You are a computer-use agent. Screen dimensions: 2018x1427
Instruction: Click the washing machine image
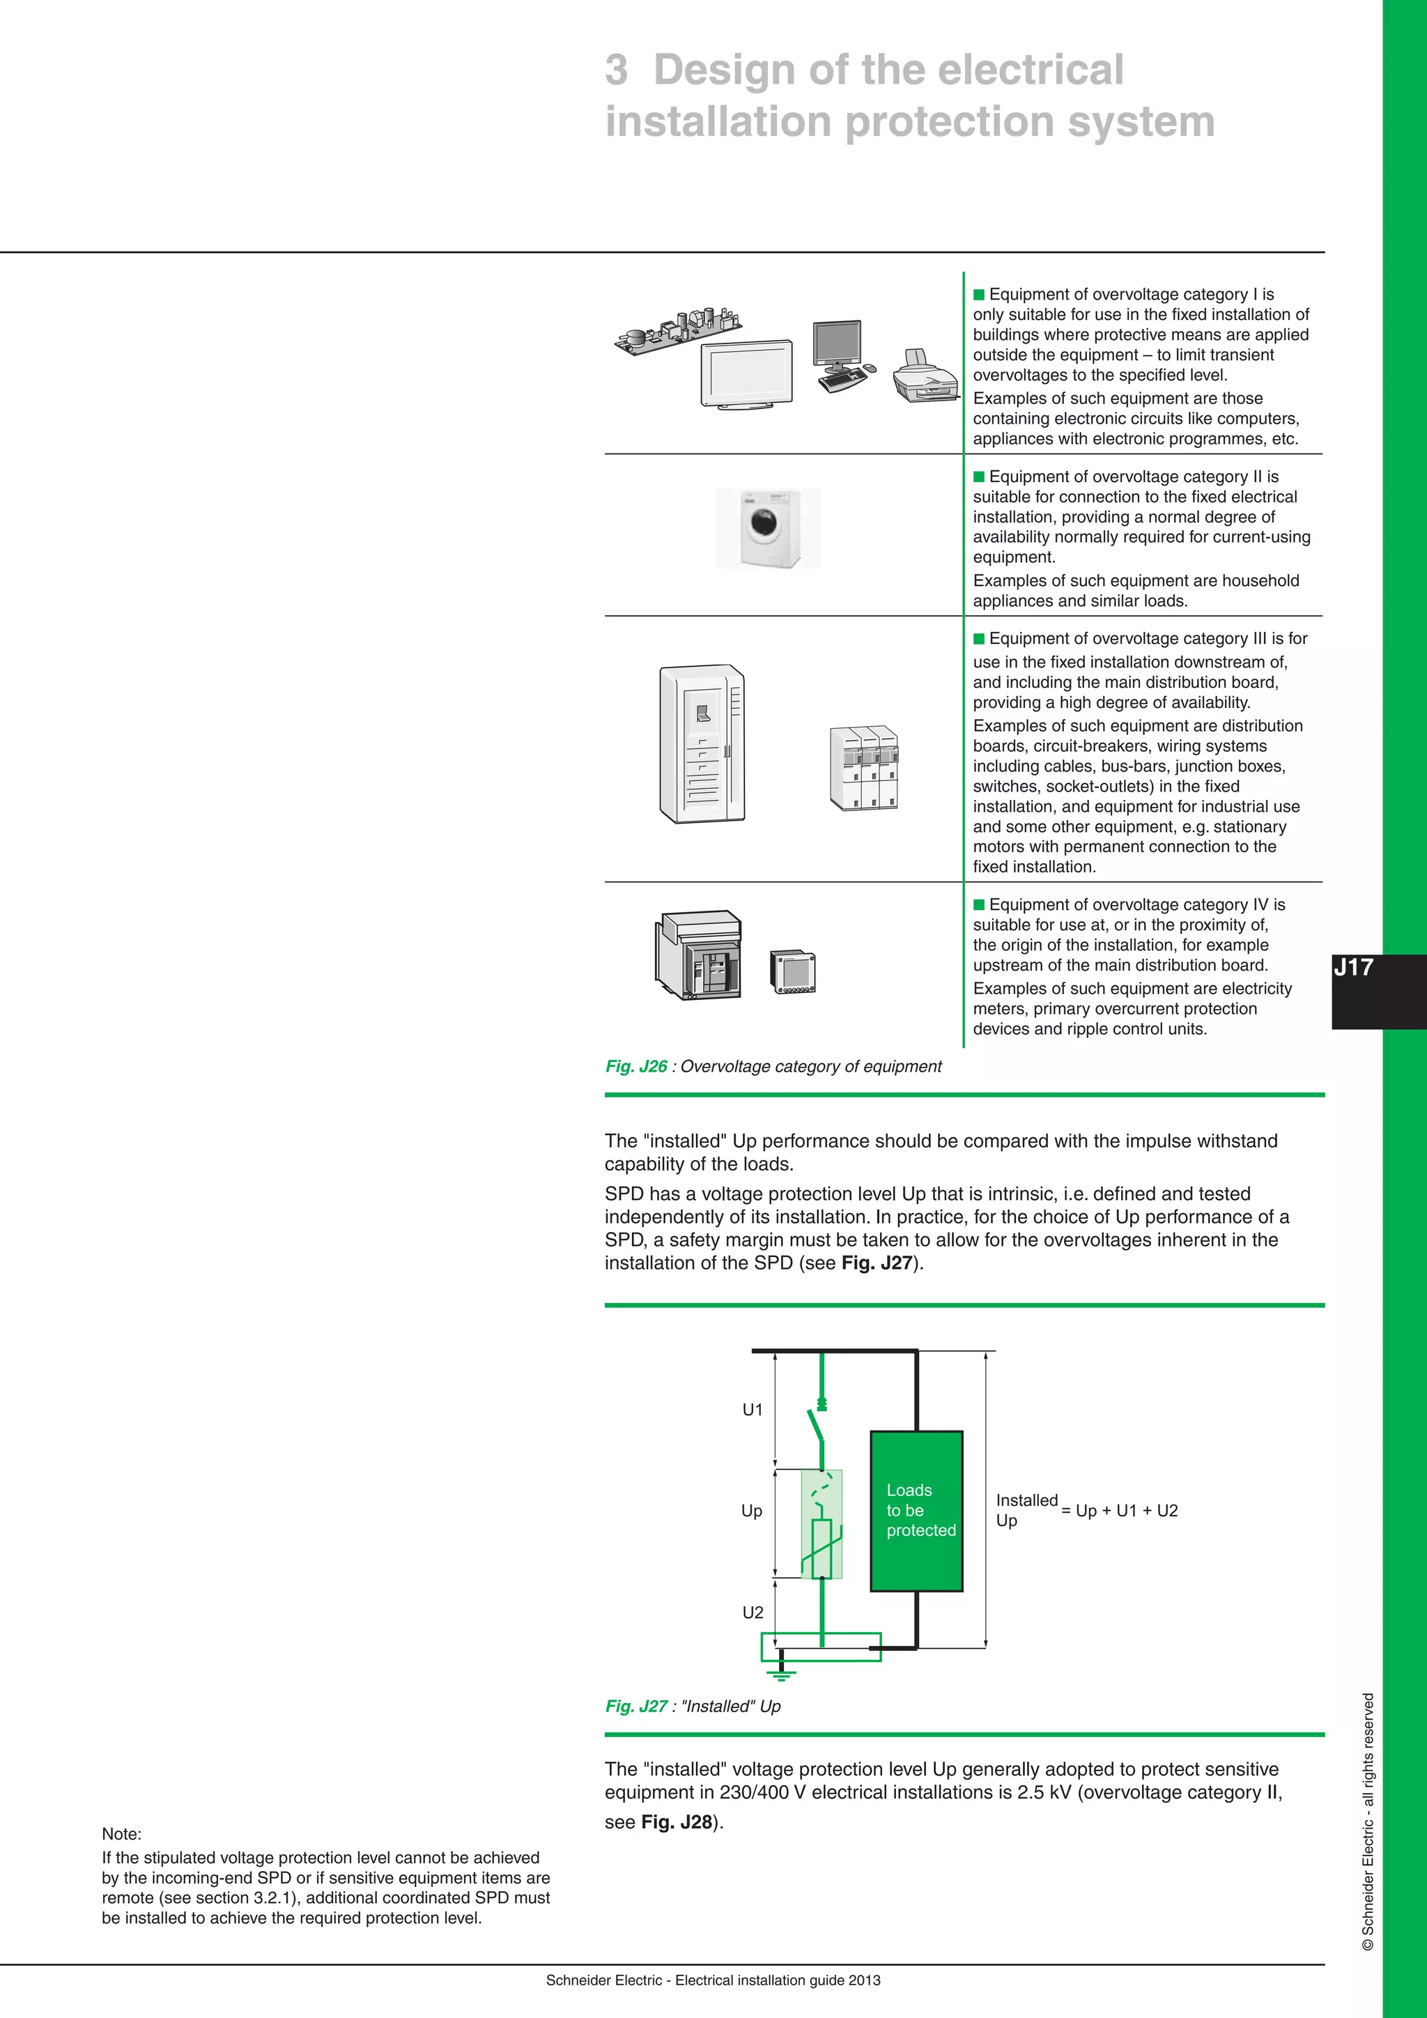coord(768,528)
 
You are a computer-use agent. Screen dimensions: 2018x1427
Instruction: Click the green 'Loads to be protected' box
coord(916,1511)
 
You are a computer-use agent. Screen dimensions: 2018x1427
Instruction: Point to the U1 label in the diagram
coord(752,1410)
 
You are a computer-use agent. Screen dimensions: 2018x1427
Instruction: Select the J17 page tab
coord(1354,968)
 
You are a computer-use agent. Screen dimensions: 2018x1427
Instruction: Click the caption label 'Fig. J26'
coord(636,1066)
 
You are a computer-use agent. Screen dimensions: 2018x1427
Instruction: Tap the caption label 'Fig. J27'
coord(636,1706)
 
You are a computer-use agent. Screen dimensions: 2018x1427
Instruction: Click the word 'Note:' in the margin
coord(121,1834)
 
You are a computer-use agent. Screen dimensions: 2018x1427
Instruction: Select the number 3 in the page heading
coord(617,70)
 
